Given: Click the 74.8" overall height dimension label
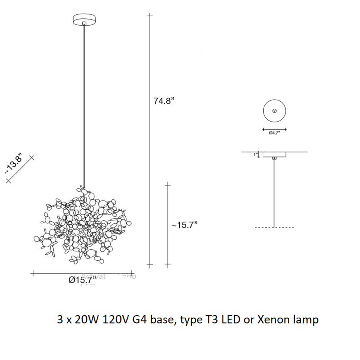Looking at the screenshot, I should [165, 101].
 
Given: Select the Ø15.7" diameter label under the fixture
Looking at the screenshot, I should [83, 280].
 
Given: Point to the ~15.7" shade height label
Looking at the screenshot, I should [185, 225].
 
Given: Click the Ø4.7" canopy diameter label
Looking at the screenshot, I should [274, 133].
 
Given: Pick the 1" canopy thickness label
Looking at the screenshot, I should [255, 154].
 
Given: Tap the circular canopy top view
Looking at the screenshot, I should [274, 110].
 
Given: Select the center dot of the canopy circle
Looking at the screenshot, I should [274, 110].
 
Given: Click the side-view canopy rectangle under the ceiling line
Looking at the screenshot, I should [274, 154].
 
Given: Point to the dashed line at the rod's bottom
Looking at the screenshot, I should [274, 228].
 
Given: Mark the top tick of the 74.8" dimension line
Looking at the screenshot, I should [150, 16].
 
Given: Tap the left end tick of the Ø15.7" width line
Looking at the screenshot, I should [34, 274].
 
